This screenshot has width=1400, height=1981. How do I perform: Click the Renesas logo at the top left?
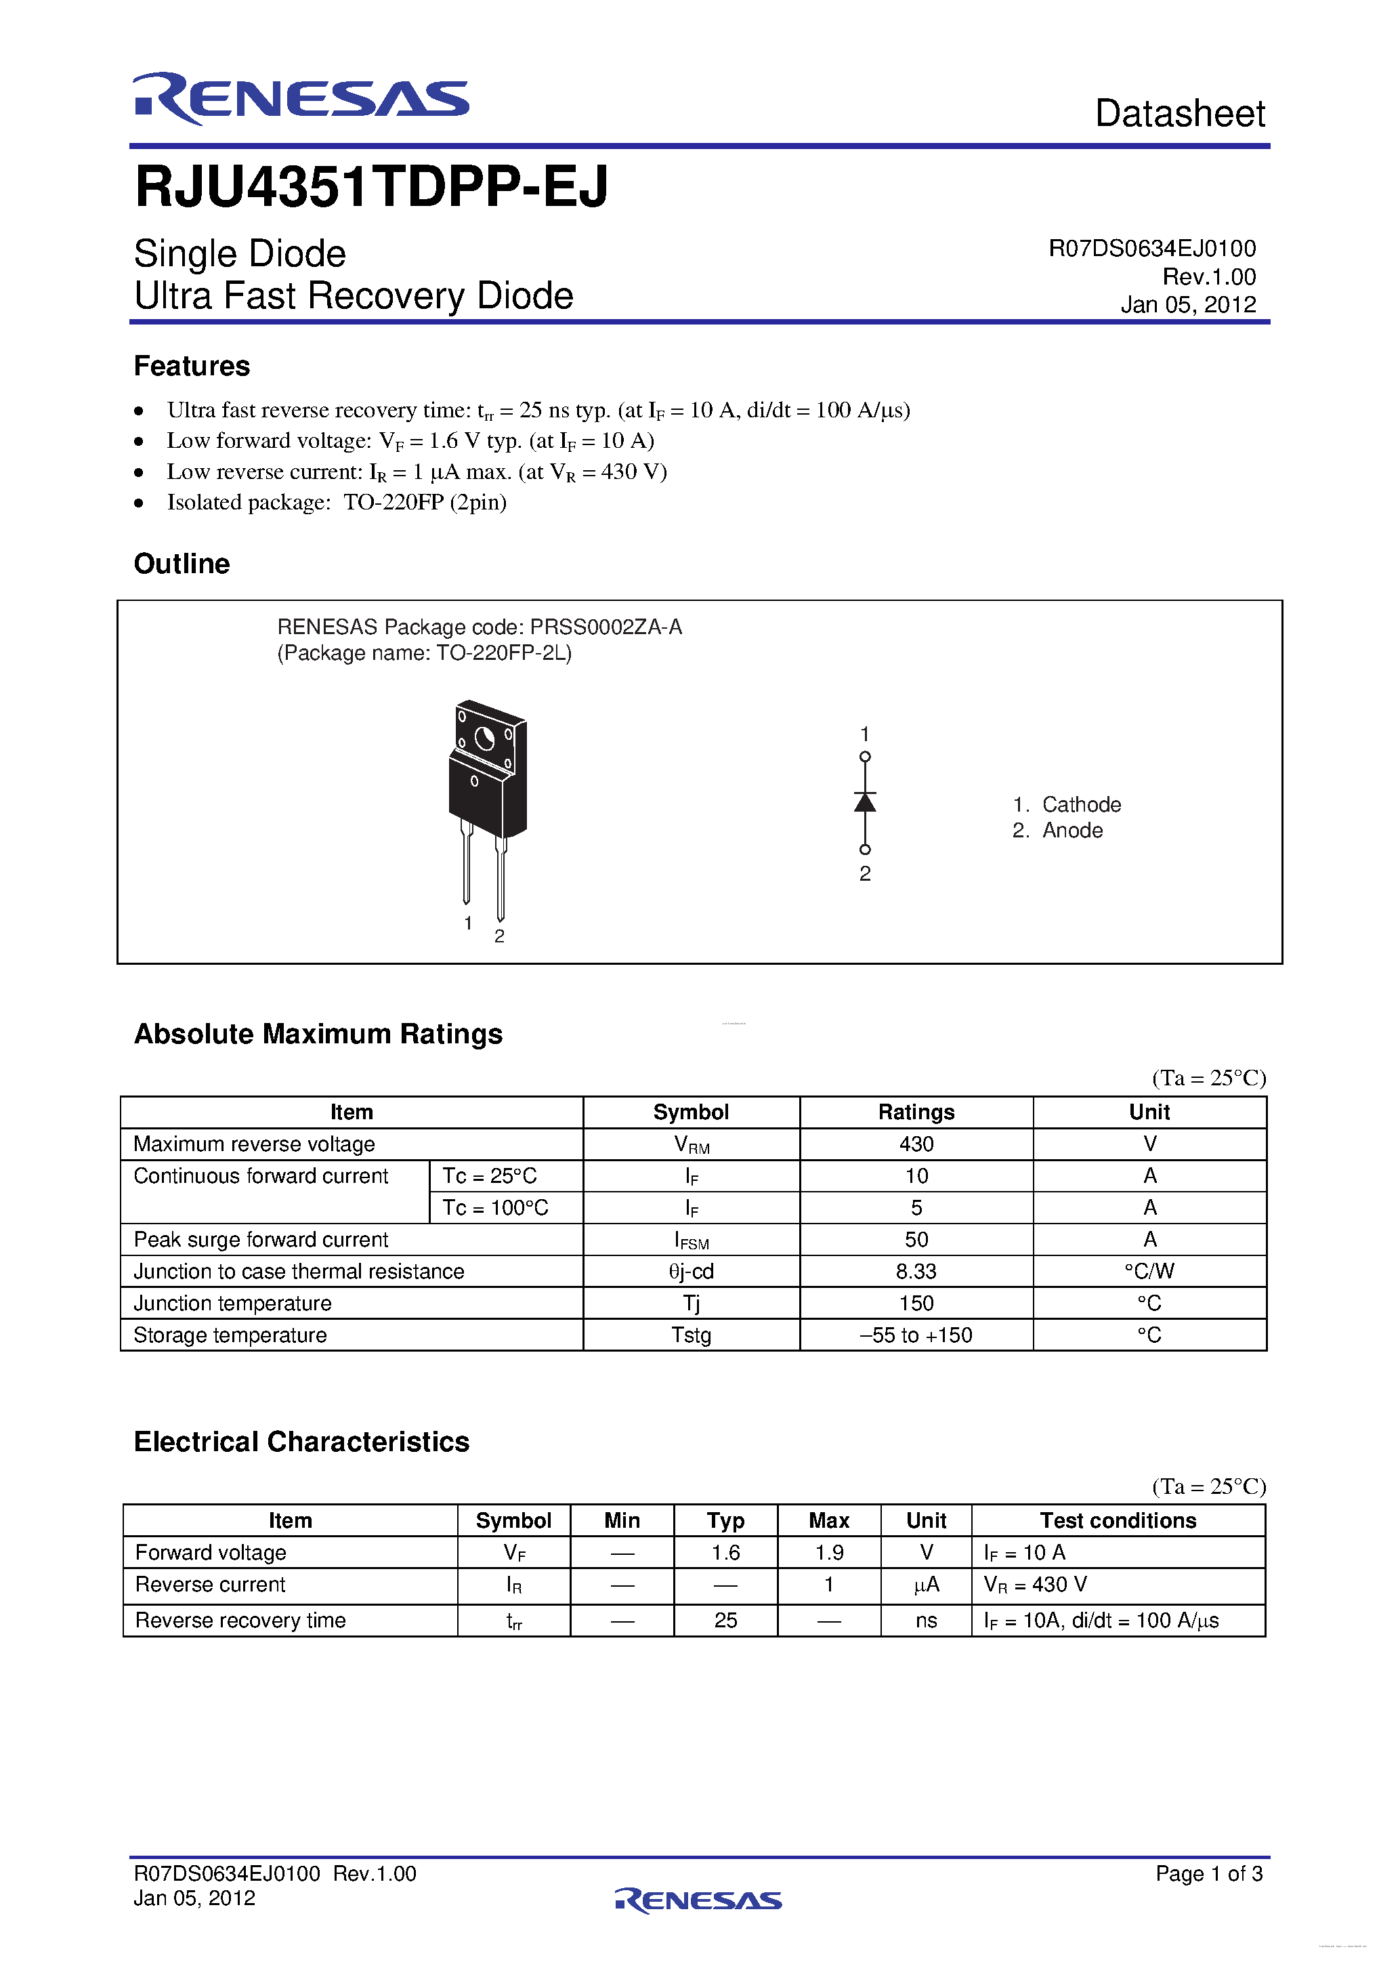300,98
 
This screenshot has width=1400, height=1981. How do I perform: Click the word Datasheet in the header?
1179,114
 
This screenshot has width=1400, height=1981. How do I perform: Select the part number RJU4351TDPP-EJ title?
372,187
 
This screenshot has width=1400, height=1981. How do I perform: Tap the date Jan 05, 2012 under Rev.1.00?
1188,305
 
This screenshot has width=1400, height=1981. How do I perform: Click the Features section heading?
192,366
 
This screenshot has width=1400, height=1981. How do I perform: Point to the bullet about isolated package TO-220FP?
337,502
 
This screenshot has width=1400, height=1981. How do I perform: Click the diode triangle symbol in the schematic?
864,802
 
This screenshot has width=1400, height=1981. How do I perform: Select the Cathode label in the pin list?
1081,804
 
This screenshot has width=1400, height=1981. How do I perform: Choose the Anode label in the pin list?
1072,830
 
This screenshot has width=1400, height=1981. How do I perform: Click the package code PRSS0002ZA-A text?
606,627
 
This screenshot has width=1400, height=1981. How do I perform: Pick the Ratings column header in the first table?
916,1112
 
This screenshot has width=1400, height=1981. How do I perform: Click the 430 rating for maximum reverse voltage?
916,1144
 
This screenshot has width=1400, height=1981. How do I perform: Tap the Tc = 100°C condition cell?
495,1208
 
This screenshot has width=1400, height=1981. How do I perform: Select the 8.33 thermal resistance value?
916,1271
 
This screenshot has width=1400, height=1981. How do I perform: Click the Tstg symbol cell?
691,1335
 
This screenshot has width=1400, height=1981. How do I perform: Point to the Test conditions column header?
1118,1520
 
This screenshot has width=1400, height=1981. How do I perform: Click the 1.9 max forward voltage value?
829,1552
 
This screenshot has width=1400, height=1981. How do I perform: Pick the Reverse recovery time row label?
240,1621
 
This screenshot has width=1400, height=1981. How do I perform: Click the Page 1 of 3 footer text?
1208,1873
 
